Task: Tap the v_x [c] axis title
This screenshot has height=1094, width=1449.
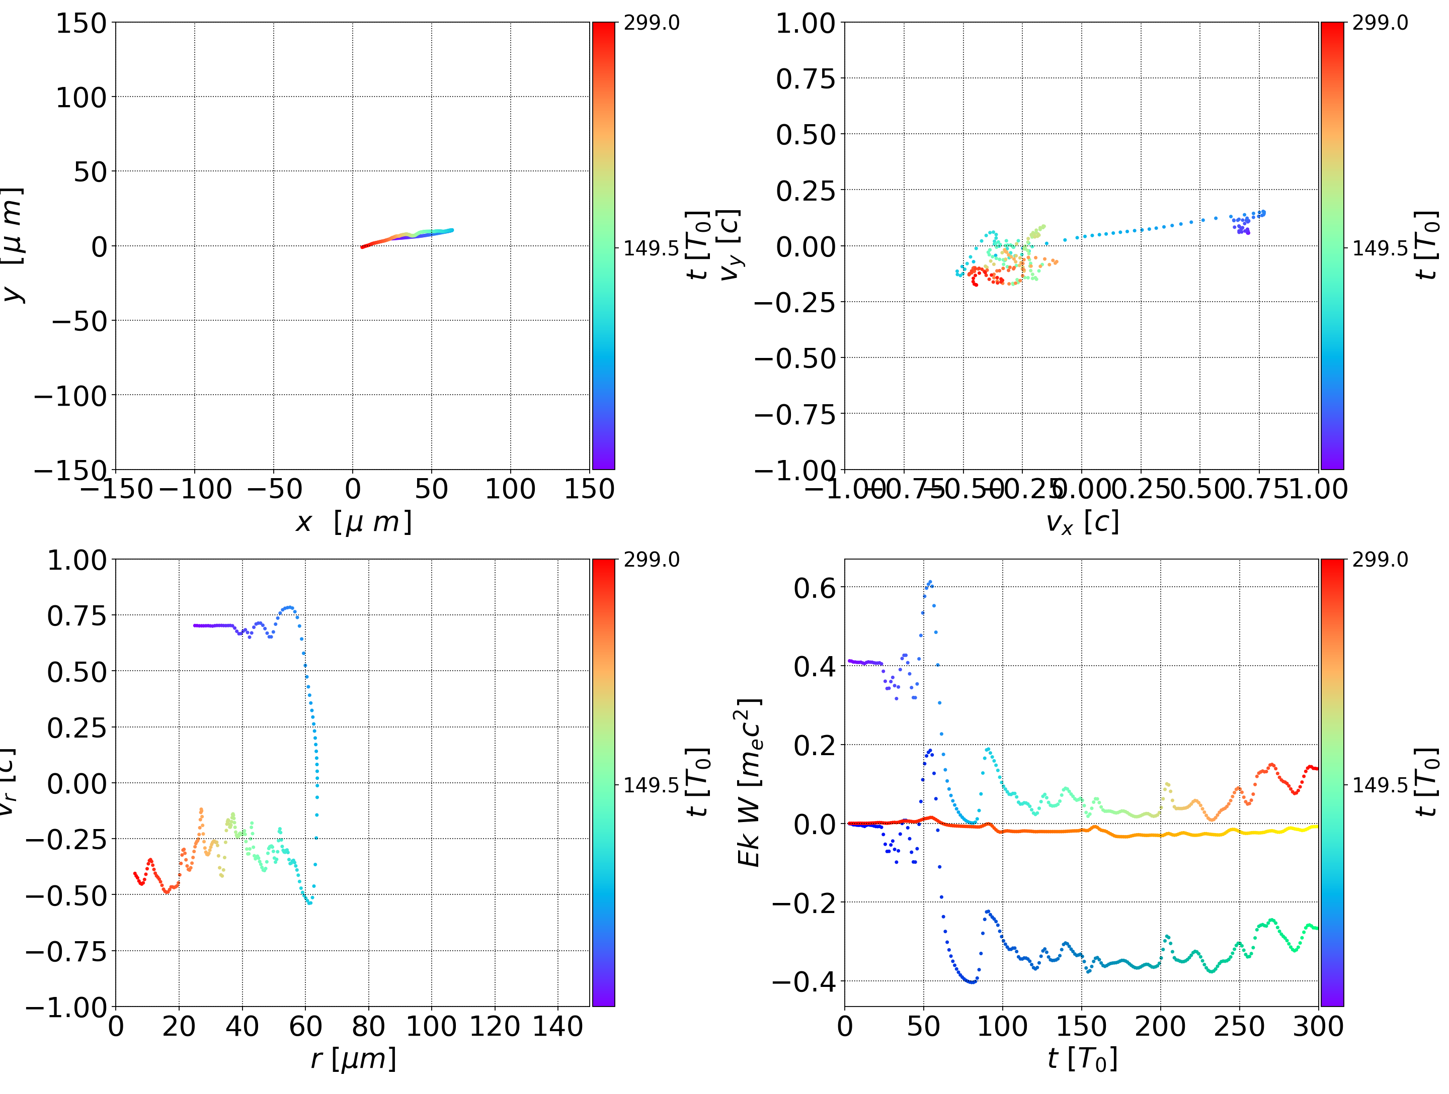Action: point(1082,522)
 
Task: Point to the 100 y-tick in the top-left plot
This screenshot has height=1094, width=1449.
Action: point(80,98)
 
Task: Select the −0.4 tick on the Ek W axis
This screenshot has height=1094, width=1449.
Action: point(804,981)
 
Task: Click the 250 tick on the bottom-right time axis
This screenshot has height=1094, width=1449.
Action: point(1239,1026)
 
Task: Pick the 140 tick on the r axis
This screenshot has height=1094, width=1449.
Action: point(557,1026)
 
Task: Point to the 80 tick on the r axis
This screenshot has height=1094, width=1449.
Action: point(368,1026)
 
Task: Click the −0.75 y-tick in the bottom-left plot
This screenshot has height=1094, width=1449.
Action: point(65,951)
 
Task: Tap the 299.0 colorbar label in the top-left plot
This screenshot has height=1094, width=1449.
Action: point(651,23)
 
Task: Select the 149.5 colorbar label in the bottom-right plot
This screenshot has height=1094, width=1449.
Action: point(1380,784)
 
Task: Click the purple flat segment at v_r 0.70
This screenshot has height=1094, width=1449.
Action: point(213,626)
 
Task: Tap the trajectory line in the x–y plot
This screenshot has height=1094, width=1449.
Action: point(406,236)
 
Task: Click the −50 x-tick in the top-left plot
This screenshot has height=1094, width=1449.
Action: point(274,489)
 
